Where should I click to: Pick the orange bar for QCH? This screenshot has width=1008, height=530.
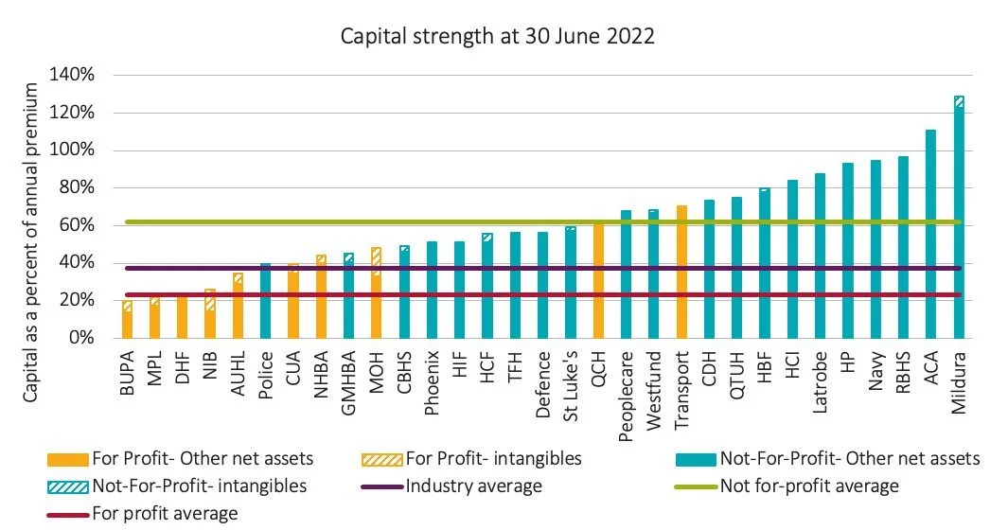click(x=598, y=280)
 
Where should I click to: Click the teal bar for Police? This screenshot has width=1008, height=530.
click(x=265, y=301)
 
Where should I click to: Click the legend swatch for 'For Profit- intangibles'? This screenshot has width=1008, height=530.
click(x=382, y=460)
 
